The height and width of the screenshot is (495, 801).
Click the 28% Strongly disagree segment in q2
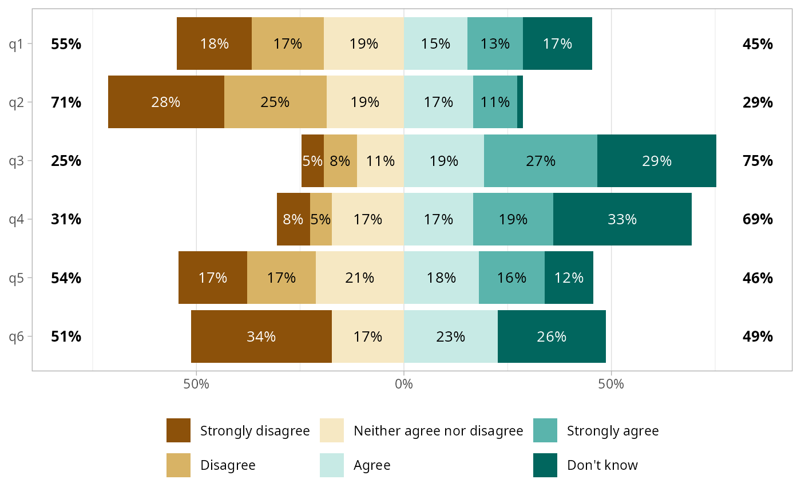(166, 102)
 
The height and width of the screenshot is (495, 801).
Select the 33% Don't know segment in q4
(622, 219)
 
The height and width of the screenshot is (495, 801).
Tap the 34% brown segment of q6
(261, 336)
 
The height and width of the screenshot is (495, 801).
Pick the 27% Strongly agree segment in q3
(540, 161)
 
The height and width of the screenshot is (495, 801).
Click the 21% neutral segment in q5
(359, 278)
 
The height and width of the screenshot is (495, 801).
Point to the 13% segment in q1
(495, 43)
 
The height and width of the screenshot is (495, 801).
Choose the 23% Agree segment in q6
(450, 336)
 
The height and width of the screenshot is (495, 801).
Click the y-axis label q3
(17, 161)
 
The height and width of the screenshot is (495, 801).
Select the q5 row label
(17, 278)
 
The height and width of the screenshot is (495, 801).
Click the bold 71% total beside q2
(66, 102)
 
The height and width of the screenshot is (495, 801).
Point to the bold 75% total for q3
(758, 161)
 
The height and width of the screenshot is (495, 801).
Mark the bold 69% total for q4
(758, 219)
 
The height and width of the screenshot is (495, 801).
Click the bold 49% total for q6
(758, 336)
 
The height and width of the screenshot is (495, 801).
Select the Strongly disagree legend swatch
(179, 430)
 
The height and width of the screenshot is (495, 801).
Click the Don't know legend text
(602, 465)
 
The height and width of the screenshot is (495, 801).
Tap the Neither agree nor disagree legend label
(438, 430)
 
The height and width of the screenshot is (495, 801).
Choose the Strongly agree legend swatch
(545, 430)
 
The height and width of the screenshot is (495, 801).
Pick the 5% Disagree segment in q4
(320, 219)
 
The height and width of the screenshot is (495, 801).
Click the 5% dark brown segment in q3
(312, 161)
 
